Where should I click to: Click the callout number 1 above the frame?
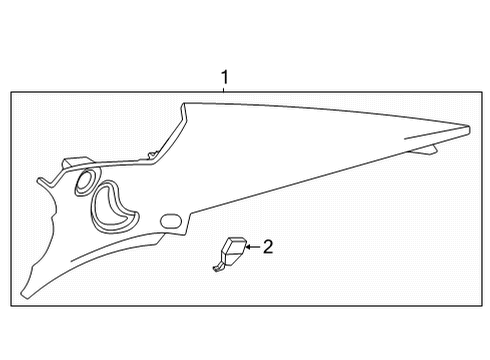pos(225,77)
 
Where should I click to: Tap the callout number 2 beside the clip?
pos(267,246)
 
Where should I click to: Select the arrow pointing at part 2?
pos(252,246)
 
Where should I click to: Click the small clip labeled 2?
pos(233,250)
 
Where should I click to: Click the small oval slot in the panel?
pos(169,220)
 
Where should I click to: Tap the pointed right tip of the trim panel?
pos(469,127)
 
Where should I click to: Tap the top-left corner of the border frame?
pos(11,92)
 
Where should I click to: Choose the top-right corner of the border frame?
pos(477,92)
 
